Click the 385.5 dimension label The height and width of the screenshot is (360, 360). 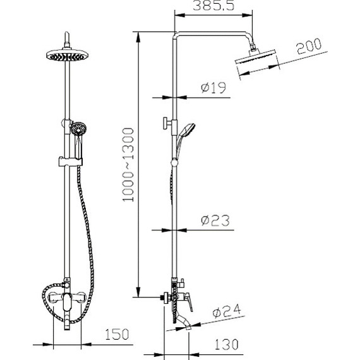[213, 6]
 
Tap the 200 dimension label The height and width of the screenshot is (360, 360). [309, 46]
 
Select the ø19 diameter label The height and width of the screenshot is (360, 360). [213, 88]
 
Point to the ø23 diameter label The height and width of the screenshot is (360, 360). [215, 220]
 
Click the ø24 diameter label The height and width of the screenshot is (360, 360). [227, 311]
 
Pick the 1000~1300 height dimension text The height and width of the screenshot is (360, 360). [128, 165]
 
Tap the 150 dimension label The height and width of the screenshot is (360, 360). [117, 334]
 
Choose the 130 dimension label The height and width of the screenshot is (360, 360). [226, 344]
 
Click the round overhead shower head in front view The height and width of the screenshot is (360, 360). [67, 55]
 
